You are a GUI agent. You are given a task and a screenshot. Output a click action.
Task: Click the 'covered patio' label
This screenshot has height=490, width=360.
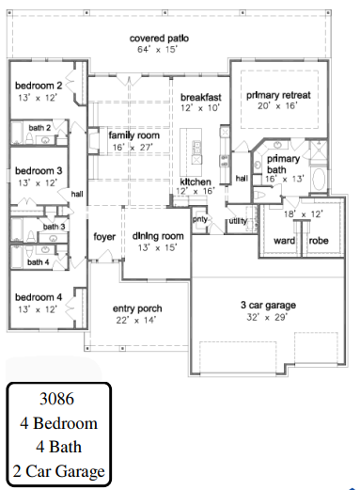tap(159, 39)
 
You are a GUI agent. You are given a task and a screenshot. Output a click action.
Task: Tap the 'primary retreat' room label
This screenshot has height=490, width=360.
tap(278, 95)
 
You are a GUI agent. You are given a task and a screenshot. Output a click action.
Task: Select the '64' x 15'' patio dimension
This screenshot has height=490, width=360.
tap(157, 50)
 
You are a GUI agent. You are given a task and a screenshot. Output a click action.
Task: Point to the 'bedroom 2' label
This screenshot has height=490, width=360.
tap(39, 86)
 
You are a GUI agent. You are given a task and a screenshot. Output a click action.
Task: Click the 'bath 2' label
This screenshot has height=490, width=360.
tap(39, 128)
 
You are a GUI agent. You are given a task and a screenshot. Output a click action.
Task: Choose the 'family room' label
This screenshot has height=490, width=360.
tap(134, 135)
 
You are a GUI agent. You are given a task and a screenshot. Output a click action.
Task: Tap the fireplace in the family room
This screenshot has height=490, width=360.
tap(93, 140)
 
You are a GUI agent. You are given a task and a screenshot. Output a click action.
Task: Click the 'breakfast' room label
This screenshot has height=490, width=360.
tap(201, 98)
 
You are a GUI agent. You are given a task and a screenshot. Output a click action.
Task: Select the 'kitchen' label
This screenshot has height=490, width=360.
tap(196, 182)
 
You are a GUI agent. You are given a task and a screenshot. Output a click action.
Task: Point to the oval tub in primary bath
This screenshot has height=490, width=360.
tap(319, 180)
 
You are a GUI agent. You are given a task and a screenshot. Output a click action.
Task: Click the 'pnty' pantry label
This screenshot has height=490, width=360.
tap(200, 219)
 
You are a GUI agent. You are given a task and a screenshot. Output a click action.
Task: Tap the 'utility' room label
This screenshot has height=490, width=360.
tap(238, 221)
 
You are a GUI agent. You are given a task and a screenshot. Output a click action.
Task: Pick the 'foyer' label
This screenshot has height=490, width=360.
tap(104, 237)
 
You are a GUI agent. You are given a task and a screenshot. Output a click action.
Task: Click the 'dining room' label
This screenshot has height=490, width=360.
tap(158, 236)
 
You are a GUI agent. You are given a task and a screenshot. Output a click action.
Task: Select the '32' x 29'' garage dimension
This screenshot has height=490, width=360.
tap(267, 317)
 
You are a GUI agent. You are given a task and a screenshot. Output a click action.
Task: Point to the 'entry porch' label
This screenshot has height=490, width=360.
tap(137, 308)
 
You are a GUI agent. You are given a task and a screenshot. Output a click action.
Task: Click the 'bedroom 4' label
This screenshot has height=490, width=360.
tap(39, 297)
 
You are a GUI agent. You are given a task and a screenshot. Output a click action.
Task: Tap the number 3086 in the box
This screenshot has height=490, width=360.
tap(56, 399)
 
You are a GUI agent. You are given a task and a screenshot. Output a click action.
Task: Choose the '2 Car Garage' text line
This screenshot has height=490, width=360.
tap(59, 471)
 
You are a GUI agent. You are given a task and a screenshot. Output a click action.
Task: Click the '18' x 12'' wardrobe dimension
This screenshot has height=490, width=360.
tap(303, 214)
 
